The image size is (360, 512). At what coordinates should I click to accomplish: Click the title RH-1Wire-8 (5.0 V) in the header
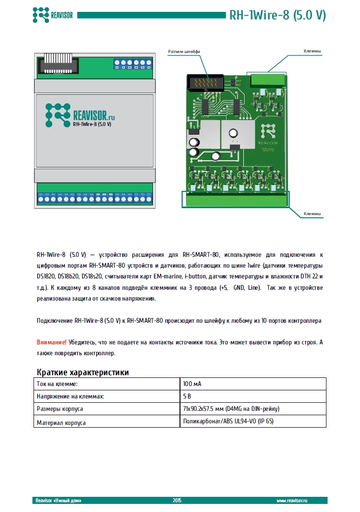coord(277,15)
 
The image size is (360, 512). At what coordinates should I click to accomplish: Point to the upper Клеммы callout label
coord(312,51)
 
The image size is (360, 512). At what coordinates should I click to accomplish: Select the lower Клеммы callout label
coord(312,214)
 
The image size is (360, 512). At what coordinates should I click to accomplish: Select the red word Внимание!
coord(52,342)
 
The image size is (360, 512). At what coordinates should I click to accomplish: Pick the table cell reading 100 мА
coord(193,383)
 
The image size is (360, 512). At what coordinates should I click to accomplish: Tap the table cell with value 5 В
coord(188,396)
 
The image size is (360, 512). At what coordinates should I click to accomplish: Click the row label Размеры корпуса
coord(59,409)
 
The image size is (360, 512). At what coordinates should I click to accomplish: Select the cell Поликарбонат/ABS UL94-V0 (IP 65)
coord(229,422)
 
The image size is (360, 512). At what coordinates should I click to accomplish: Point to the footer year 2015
coord(178,500)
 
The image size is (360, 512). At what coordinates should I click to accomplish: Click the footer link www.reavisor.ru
coord(303,500)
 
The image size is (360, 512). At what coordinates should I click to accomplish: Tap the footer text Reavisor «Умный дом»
coord(58,500)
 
